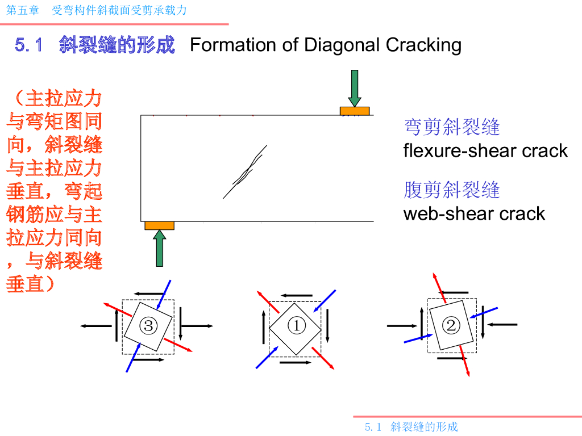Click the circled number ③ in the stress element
click(148, 326)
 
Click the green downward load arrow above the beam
click(355, 88)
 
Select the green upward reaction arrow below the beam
click(160, 249)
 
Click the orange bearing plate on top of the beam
click(355, 111)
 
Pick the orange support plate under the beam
click(159, 225)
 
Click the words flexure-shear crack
click(485, 150)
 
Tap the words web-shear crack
click(474, 213)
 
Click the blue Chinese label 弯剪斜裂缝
click(451, 127)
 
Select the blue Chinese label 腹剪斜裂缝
click(451, 190)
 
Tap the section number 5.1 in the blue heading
click(29, 45)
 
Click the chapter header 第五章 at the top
click(19, 10)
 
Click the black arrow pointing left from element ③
click(95, 326)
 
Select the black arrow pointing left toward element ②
click(502, 324)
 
